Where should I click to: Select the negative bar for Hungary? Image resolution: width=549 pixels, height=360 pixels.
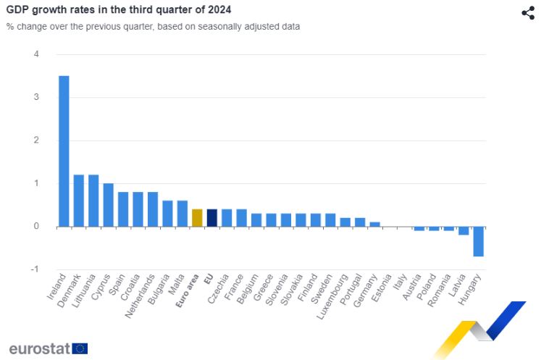pyautogui.click(x=478, y=241)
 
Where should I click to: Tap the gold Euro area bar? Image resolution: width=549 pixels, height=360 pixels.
pyautogui.click(x=197, y=218)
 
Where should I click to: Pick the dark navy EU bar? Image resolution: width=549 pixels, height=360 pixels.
pyautogui.click(x=211, y=218)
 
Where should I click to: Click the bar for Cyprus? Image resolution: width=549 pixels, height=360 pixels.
pyautogui.click(x=108, y=205)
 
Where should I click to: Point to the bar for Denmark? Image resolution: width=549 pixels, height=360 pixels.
pyautogui.click(x=79, y=201)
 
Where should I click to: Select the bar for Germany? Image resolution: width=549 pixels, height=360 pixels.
pyautogui.click(x=374, y=225)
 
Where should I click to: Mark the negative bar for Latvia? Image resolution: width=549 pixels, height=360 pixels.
pyautogui.click(x=464, y=230)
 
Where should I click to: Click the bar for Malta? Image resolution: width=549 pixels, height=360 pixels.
pyautogui.click(x=182, y=214)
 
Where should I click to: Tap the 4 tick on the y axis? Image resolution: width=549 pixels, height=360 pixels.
pyautogui.click(x=36, y=54)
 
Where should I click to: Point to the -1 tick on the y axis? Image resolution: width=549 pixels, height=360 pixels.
pyautogui.click(x=35, y=269)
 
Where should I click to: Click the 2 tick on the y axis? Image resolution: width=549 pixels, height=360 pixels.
pyautogui.click(x=36, y=141)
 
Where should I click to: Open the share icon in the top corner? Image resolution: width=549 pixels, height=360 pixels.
pyautogui.click(x=528, y=13)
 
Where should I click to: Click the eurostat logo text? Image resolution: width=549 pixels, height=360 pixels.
pyautogui.click(x=39, y=348)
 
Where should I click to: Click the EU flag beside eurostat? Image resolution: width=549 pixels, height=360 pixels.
pyautogui.click(x=80, y=348)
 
